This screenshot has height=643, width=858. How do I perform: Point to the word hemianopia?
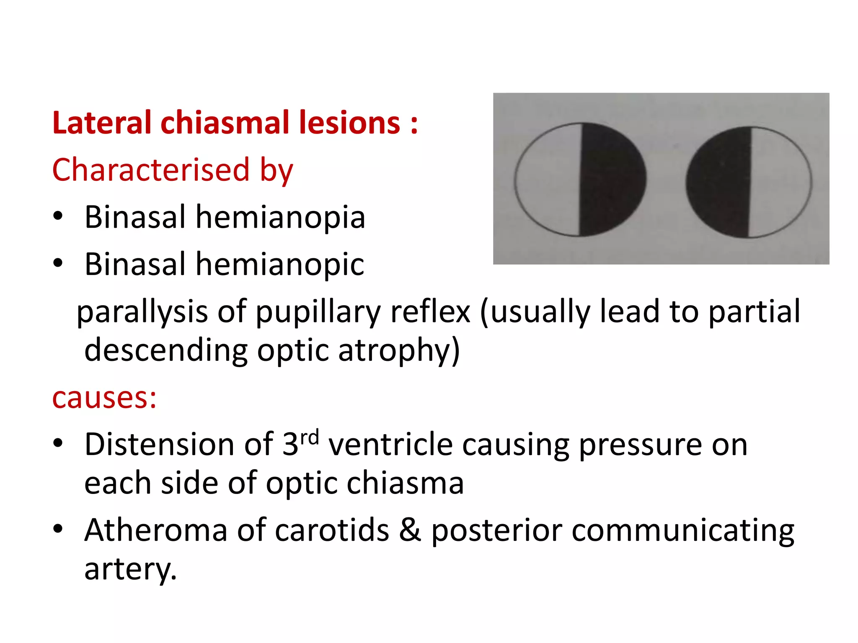pos(280,217)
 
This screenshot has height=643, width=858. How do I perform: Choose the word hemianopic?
pos(280,265)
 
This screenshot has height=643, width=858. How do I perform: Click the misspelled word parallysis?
pos(142,312)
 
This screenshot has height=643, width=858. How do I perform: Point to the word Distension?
pos(160,444)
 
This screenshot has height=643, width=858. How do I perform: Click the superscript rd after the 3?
pos(310,437)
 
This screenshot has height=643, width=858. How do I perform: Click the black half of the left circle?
pos(612,180)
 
